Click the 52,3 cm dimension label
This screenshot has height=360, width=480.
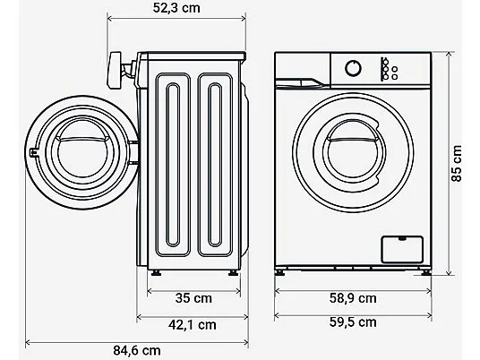tap(176, 8)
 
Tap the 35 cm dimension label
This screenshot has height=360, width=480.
tap(193, 298)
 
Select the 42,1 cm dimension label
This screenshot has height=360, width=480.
tap(193, 324)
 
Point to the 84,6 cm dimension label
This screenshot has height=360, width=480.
tap(137, 350)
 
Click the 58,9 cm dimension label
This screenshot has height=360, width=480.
tap(353, 298)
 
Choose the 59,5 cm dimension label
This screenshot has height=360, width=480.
tap(353, 322)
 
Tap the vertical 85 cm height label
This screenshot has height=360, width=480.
tap(457, 164)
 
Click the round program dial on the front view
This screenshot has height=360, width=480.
tap(353, 68)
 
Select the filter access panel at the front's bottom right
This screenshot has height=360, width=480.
tap(402, 250)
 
